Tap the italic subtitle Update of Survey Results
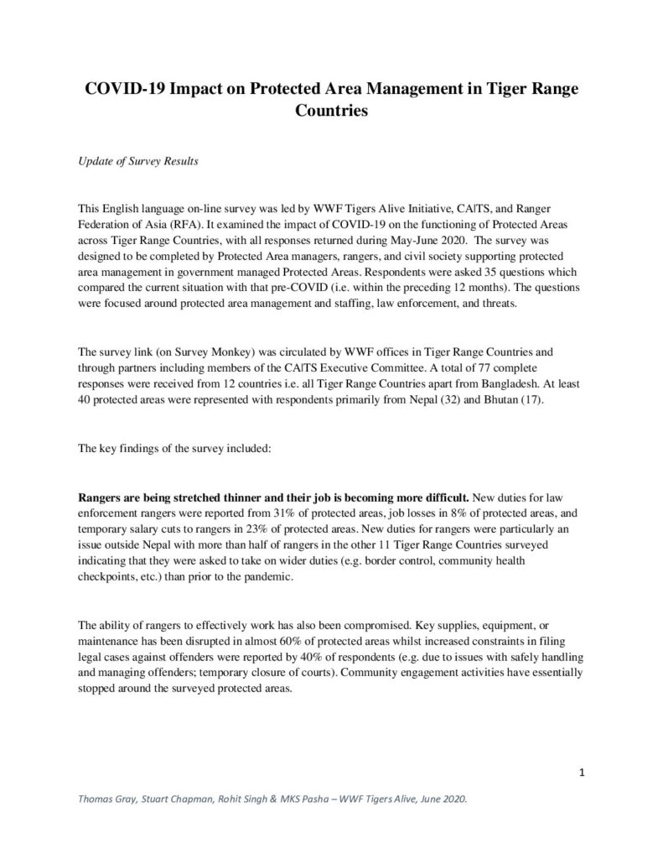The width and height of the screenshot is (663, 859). coord(137,161)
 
